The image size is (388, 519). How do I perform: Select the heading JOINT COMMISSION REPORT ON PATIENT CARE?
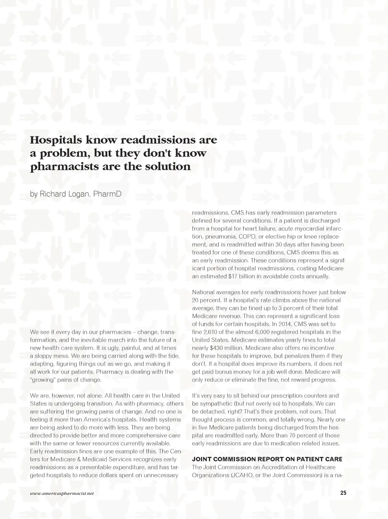[x=267, y=459]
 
